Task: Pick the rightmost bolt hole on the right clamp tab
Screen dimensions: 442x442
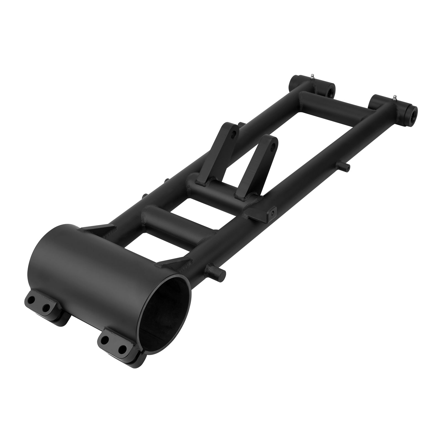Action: pyautogui.click(x=121, y=349)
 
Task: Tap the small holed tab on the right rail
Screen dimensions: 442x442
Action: pyautogui.click(x=272, y=213)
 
